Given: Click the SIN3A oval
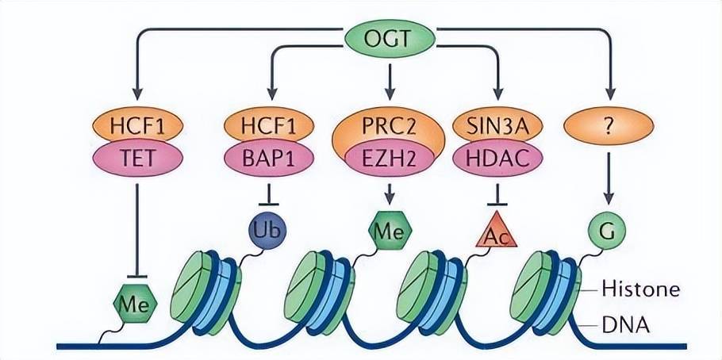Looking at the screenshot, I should (x=497, y=124).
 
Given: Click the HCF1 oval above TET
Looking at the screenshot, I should (x=138, y=124).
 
